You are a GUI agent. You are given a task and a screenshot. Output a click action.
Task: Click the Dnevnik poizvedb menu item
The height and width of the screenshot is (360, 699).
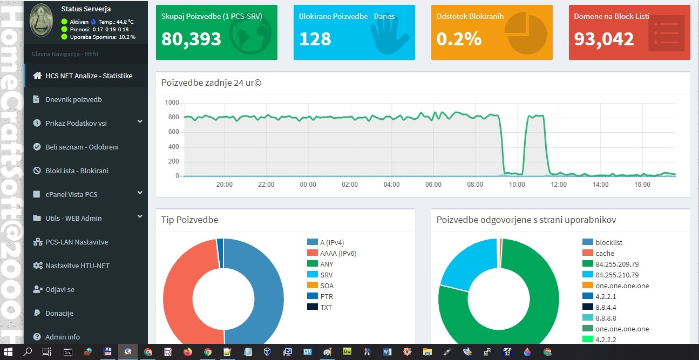click(x=73, y=99)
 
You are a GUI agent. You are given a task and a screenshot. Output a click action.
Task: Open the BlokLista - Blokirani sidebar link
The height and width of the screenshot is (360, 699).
click(x=77, y=171)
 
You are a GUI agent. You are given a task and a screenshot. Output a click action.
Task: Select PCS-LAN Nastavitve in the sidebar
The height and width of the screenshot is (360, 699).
click(x=77, y=242)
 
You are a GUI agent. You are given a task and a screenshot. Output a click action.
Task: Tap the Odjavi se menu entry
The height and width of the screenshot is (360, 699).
click(x=60, y=289)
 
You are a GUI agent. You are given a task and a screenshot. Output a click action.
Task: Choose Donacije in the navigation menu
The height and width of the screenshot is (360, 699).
click(x=59, y=313)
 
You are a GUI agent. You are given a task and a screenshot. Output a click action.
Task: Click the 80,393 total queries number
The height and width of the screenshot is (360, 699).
click(x=191, y=39)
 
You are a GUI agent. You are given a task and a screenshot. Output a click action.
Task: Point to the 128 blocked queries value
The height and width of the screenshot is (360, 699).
click(x=315, y=39)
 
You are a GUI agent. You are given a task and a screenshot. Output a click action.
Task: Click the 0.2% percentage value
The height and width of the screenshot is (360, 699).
click(x=459, y=39)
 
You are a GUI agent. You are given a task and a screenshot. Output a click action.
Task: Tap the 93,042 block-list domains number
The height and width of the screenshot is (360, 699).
click(x=603, y=39)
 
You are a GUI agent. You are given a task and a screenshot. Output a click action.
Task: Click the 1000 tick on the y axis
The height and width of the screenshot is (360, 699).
click(x=172, y=103)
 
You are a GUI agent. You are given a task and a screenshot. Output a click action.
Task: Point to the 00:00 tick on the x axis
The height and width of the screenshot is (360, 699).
click(x=308, y=185)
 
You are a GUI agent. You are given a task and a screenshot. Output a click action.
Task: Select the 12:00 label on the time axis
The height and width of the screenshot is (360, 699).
click(x=559, y=185)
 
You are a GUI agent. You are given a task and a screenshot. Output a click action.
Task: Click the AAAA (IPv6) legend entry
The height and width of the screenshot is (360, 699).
click(x=338, y=253)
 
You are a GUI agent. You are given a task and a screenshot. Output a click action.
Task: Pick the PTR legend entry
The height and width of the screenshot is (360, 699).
click(x=326, y=296)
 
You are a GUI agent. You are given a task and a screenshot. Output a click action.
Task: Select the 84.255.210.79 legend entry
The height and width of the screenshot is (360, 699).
click(x=617, y=275)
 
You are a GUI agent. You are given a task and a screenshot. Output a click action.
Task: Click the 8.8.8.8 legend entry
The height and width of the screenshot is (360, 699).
click(x=606, y=318)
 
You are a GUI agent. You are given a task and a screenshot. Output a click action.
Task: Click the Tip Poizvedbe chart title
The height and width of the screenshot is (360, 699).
click(x=189, y=220)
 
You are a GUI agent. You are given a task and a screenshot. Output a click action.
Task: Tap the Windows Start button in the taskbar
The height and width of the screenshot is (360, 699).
click(x=9, y=352)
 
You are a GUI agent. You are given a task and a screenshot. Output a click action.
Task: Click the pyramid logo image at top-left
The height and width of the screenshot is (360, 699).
click(x=41, y=21)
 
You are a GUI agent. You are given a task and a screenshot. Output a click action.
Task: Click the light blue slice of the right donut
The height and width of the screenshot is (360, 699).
click(x=467, y=264)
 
